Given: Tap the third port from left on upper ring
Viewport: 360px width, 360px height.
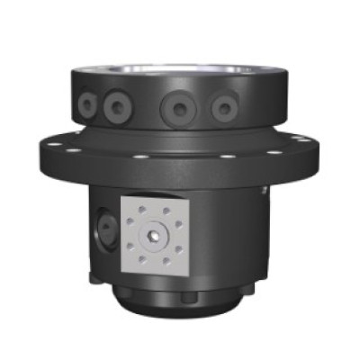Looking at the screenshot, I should pos(174,110).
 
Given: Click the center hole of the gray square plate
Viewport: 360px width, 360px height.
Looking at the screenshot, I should pos(156,235).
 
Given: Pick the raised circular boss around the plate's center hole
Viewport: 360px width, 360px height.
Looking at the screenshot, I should pos(156,235).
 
